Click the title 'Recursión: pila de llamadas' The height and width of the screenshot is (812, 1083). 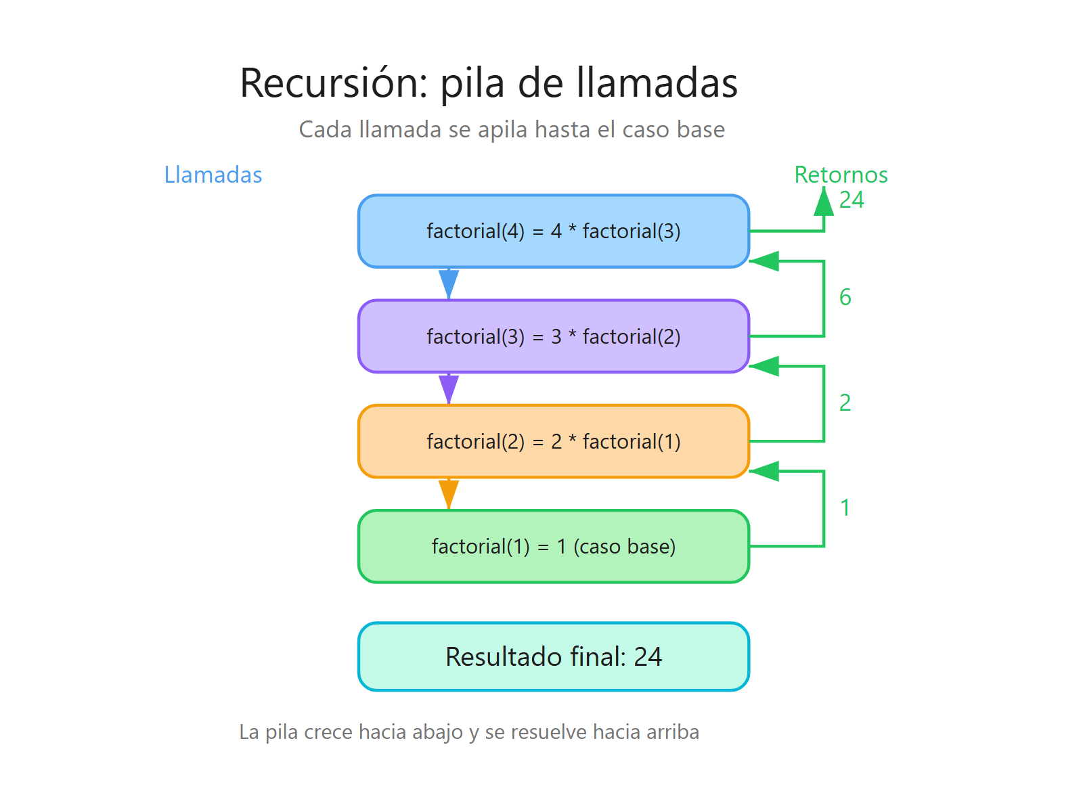pyautogui.click(x=489, y=83)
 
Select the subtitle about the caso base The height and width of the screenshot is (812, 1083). pyautogui.click(x=512, y=129)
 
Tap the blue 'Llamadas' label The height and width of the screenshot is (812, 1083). pyautogui.click(x=213, y=175)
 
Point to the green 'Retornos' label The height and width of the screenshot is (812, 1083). pyautogui.click(x=841, y=175)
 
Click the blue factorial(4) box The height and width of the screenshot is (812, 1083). pyautogui.click(x=554, y=231)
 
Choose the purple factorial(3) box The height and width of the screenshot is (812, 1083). pyautogui.click(x=554, y=336)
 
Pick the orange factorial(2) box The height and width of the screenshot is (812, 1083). pyautogui.click(x=554, y=441)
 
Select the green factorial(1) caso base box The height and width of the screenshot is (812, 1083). pyautogui.click(x=554, y=546)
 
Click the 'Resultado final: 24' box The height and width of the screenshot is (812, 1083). pyautogui.click(x=554, y=656)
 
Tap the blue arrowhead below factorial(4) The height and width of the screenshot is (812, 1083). pyautogui.click(x=449, y=283)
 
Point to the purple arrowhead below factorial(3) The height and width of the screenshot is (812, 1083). pyautogui.click(x=449, y=388)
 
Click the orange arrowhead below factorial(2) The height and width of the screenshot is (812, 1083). pyautogui.click(x=449, y=493)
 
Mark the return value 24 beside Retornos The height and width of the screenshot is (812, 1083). pyautogui.click(x=852, y=200)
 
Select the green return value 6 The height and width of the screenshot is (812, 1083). pyautogui.click(x=845, y=297)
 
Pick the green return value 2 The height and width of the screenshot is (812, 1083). pyautogui.click(x=845, y=403)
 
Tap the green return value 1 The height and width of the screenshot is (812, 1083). pyautogui.click(x=845, y=507)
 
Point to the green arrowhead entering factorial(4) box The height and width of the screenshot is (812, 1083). pyautogui.click(x=766, y=261)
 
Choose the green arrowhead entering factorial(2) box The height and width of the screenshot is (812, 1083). pyautogui.click(x=766, y=471)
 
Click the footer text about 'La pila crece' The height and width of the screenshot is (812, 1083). pyautogui.click(x=469, y=732)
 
